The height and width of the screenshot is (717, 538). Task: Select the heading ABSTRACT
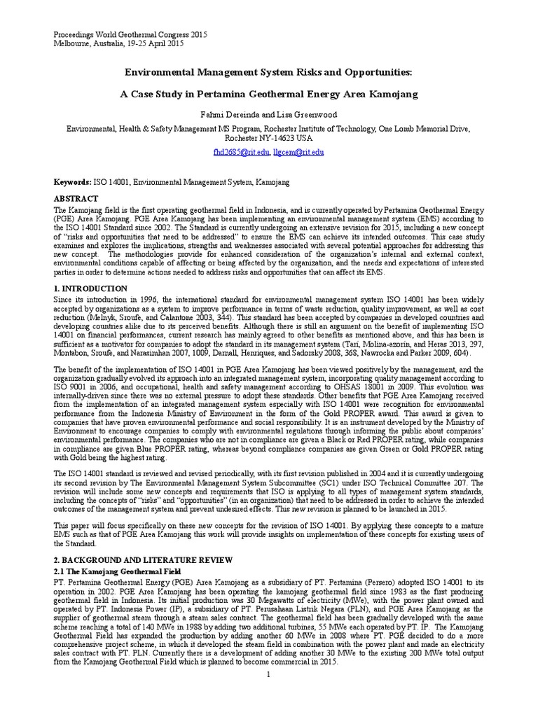pos(76,199)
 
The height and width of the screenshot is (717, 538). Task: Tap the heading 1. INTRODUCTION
pos(91,288)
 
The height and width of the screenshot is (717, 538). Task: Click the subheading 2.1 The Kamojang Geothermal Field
pos(113,572)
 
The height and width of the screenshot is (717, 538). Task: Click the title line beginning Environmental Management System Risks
pos(268,72)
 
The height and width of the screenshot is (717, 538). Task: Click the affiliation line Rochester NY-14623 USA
pos(268,138)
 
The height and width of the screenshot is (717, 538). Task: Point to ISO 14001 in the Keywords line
pos(112,182)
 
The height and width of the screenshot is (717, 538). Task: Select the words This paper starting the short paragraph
pos(71,524)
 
